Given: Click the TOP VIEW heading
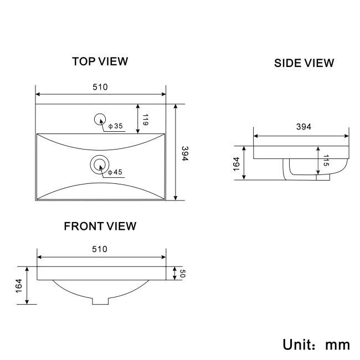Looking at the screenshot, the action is pyautogui.click(x=100, y=61).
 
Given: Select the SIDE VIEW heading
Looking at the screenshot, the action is pyautogui.click(x=304, y=63).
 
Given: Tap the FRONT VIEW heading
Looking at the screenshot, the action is pyautogui.click(x=100, y=226).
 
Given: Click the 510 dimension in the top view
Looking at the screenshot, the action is pyautogui.click(x=100, y=87).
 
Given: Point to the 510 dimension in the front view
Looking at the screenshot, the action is pyautogui.click(x=100, y=249).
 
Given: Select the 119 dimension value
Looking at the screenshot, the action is pyautogui.click(x=145, y=120).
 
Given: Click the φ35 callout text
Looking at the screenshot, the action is pyautogui.click(x=116, y=126).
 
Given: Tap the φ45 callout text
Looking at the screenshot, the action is pyautogui.click(x=115, y=172).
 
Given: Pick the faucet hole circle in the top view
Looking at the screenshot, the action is pyautogui.click(x=100, y=120).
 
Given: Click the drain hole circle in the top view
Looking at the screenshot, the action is pyautogui.click(x=100, y=164).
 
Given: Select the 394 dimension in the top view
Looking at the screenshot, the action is pyautogui.click(x=185, y=153).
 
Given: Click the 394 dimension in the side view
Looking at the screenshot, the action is pyautogui.click(x=304, y=127).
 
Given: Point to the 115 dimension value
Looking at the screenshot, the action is pyautogui.click(x=326, y=160).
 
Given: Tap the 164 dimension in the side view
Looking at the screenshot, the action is pyautogui.click(x=236, y=164).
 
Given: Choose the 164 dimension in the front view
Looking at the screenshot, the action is pyautogui.click(x=19, y=286).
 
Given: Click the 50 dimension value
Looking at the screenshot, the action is pyautogui.click(x=182, y=274).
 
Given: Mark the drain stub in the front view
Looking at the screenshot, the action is pyautogui.click(x=100, y=301).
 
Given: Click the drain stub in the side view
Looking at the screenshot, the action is pyautogui.click(x=323, y=177).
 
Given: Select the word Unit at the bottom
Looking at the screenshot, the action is pyautogui.click(x=297, y=344).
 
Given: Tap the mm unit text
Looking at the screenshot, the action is pyautogui.click(x=338, y=346).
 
